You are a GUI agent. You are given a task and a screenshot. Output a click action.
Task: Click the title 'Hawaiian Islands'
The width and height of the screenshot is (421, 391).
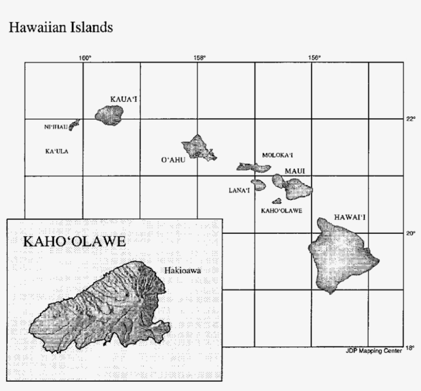tap(61, 28)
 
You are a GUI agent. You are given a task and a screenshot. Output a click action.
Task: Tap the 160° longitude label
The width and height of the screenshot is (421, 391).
tap(85, 58)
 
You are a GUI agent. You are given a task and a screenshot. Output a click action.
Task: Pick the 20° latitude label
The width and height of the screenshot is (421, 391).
tap(410, 233)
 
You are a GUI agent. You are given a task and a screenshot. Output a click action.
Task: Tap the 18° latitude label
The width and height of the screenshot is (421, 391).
tap(410, 348)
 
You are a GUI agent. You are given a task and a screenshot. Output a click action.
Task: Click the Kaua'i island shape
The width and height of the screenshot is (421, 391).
tap(109, 116)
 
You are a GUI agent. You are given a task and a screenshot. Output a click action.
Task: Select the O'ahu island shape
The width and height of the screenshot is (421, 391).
tap(198, 147)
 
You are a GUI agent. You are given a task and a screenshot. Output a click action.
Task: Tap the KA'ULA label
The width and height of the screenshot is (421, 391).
tap(57, 151)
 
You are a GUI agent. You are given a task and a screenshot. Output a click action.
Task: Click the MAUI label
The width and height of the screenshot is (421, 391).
tap(294, 170)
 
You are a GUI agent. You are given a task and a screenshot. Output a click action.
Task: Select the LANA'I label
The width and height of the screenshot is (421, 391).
tap(239, 190)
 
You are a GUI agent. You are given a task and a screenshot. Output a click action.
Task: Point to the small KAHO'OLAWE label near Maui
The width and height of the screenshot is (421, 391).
tap(281, 211)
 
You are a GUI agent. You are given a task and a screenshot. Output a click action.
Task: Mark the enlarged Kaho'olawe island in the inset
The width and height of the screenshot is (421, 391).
tap(103, 308)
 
